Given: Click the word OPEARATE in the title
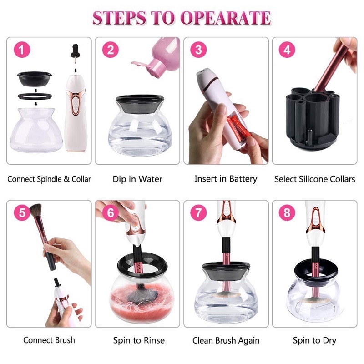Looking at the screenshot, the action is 225,18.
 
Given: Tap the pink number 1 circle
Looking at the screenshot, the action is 22,50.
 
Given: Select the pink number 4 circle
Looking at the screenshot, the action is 287,50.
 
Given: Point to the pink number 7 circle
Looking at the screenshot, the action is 198,212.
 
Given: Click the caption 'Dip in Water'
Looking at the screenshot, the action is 137,179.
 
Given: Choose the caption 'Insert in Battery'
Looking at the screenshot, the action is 226,179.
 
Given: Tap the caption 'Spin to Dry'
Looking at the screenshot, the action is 314,340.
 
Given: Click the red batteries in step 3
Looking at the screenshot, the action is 238,128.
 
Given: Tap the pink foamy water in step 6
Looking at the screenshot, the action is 142,303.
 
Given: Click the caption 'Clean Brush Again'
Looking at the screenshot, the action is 226,340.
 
